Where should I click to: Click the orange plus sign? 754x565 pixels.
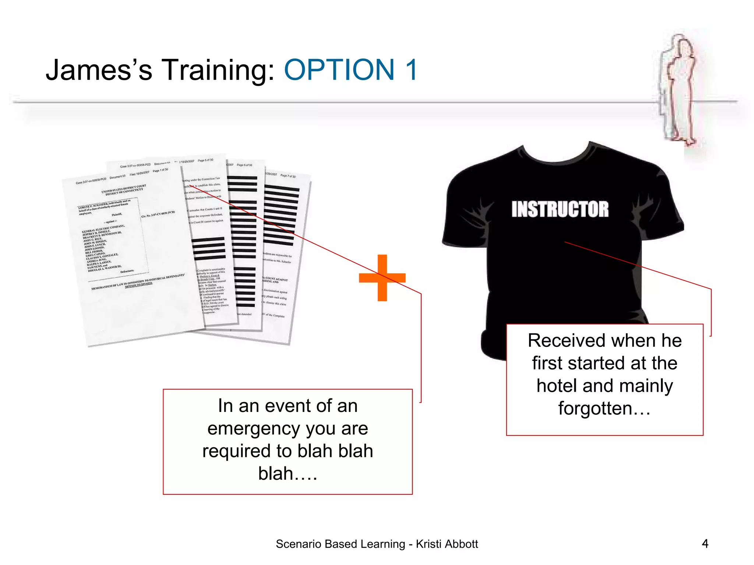382,278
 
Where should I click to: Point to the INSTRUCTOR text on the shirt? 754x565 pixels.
560,209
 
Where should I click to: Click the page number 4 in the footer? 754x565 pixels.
705,543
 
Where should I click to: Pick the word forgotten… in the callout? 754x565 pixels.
604,408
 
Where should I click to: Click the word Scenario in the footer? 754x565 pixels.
298,544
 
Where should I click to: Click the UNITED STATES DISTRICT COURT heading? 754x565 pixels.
124,189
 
